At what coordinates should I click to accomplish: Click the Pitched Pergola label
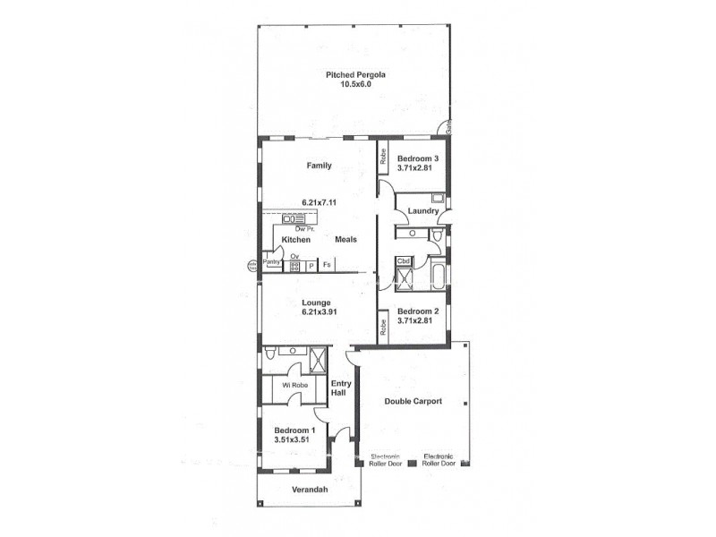(x=355, y=75)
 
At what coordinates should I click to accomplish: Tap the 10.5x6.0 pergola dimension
(x=355, y=84)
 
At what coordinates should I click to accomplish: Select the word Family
(x=319, y=166)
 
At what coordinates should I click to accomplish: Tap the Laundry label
(x=422, y=211)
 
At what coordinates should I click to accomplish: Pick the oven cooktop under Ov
(x=294, y=266)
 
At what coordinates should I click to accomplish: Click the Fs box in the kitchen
(x=327, y=266)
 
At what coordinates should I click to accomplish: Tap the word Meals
(x=346, y=240)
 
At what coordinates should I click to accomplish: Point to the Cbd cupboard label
(x=404, y=261)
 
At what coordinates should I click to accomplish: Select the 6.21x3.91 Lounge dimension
(x=318, y=313)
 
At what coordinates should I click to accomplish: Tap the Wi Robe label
(x=294, y=386)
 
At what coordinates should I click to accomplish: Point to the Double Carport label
(x=413, y=402)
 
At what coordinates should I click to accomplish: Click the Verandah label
(x=310, y=490)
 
